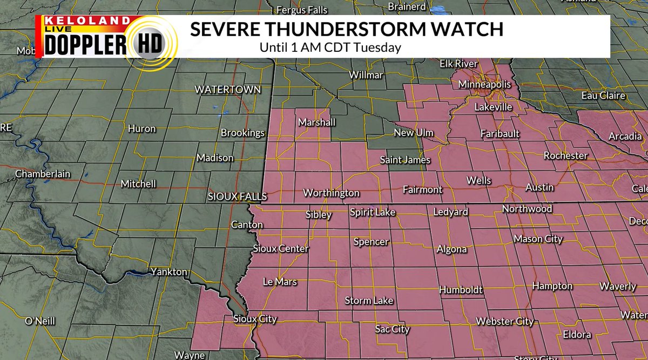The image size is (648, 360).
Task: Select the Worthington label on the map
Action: point(331,193)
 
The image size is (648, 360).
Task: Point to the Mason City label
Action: point(538,239)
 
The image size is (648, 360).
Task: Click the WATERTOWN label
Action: point(228,89)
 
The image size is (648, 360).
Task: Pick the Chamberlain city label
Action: point(43,174)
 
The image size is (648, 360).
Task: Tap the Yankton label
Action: point(168,271)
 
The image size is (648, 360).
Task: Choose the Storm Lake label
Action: point(369,301)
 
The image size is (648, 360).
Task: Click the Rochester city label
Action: point(565,155)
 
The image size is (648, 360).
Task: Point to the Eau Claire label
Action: point(603,96)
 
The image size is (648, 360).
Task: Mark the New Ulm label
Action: point(414,133)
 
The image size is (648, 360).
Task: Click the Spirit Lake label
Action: point(373,213)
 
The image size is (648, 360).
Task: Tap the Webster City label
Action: point(504,322)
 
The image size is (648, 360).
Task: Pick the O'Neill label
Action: point(40,321)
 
